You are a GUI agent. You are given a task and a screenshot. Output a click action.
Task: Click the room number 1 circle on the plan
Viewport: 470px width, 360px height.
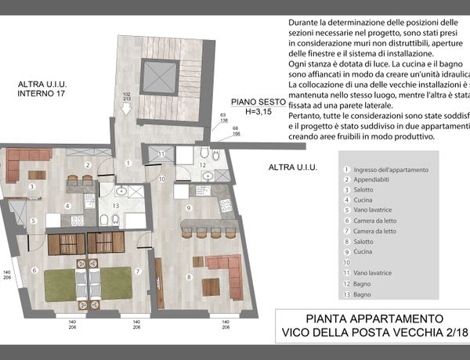coord(127,164)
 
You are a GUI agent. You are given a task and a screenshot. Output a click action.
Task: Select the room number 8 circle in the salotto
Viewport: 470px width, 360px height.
coord(188,276)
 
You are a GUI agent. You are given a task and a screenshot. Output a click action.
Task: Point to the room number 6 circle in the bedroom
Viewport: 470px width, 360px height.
coord(34,271)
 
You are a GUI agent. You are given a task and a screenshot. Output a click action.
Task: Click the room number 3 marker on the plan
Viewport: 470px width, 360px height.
coord(31,187)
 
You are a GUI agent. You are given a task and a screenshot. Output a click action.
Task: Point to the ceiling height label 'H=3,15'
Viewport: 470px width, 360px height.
coord(256,111)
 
